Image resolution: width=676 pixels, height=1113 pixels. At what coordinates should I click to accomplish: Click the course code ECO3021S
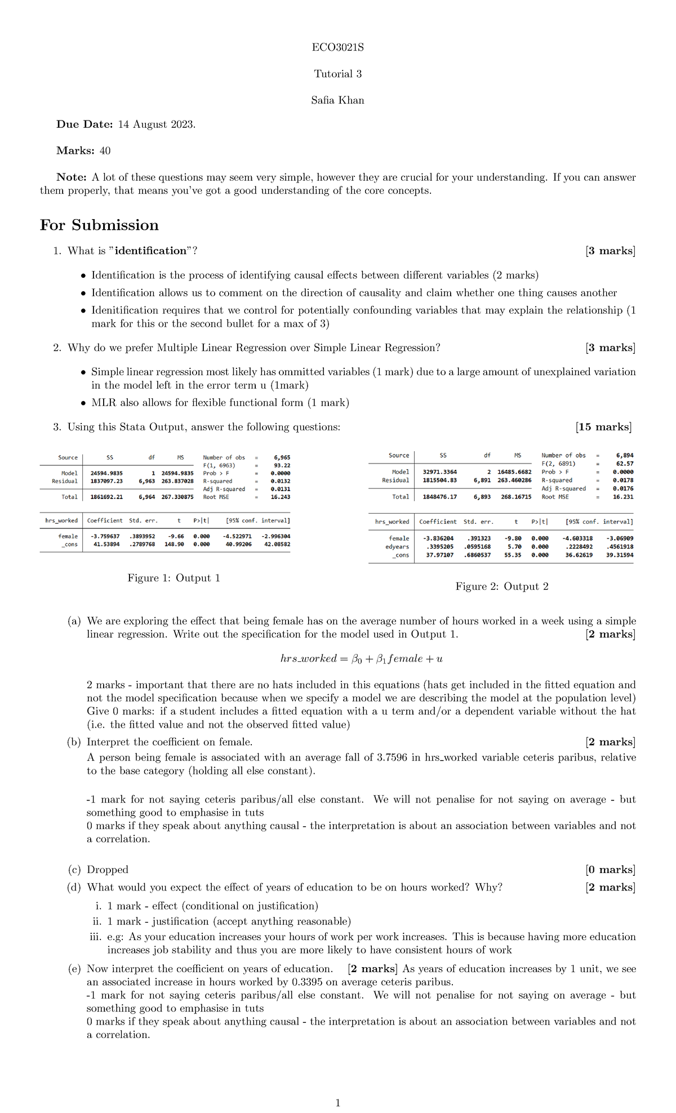point(337,47)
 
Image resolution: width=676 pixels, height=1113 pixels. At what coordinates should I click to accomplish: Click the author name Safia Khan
point(337,100)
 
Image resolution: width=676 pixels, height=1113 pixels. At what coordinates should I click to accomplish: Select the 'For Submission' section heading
point(99,225)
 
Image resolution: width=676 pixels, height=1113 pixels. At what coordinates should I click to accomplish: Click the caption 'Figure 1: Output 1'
point(174,578)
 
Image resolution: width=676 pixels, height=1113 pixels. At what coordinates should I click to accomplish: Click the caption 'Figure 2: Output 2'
point(502,586)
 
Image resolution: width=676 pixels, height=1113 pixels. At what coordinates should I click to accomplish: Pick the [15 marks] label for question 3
point(603,427)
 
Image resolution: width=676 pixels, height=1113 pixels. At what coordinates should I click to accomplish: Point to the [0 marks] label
point(610,870)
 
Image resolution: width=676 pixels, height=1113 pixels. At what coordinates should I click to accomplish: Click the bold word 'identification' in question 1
point(150,251)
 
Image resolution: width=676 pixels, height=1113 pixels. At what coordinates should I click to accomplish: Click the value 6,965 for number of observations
point(282,458)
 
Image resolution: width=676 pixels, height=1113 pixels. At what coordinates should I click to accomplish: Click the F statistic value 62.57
point(624,464)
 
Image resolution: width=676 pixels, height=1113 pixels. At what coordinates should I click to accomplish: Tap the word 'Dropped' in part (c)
point(108,870)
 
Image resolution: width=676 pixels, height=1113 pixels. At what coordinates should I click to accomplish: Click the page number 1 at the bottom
point(337,1103)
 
